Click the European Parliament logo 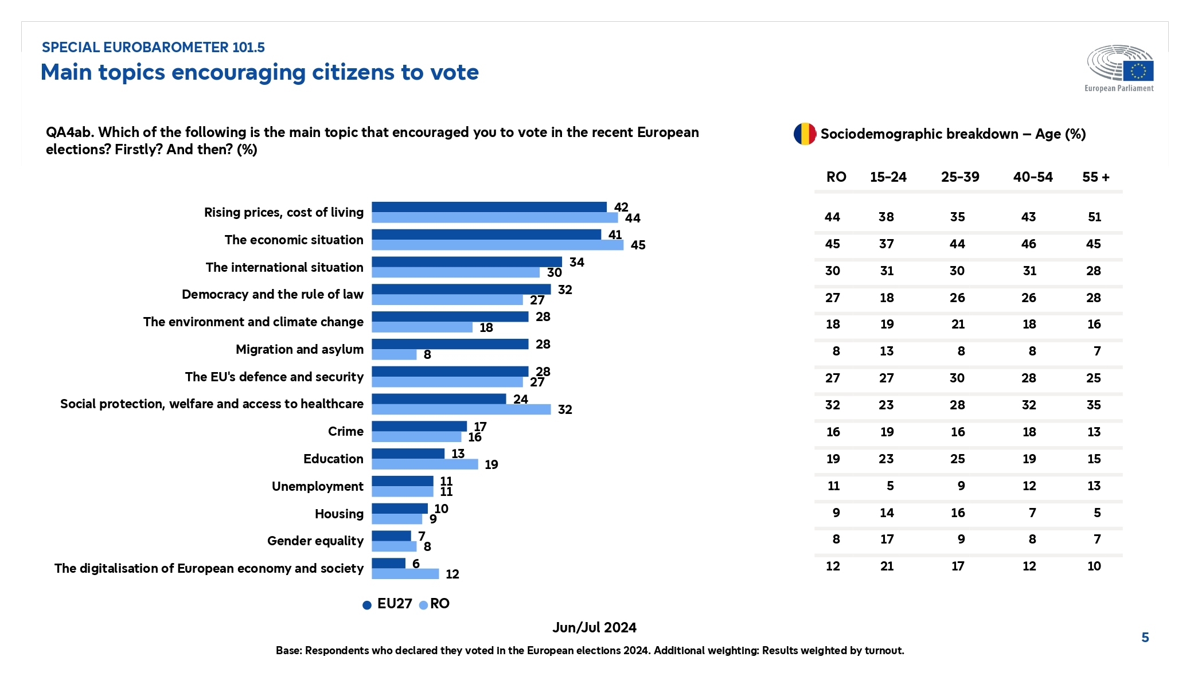[x=1119, y=68]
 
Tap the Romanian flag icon [x=805, y=134]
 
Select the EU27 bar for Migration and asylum [x=450, y=344]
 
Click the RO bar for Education [x=424, y=464]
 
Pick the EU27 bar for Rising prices [x=489, y=207]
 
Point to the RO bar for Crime [x=416, y=437]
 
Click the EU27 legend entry [x=388, y=604]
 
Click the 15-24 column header [x=888, y=177]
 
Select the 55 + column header [x=1095, y=177]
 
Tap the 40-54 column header [x=1032, y=177]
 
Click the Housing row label [x=339, y=514]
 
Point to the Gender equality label [x=315, y=541]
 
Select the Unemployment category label [x=317, y=486]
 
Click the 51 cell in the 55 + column [x=1094, y=217]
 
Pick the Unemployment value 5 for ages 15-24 [x=889, y=486]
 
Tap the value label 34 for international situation [x=576, y=262]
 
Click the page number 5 [x=1145, y=638]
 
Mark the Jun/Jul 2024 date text [x=594, y=627]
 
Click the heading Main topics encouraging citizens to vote [x=259, y=72]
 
